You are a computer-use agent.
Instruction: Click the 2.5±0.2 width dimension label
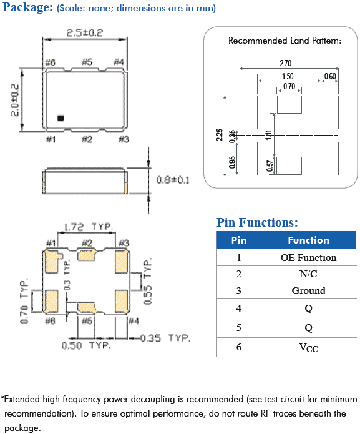pos(85,33)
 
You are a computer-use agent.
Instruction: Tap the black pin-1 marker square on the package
pos(61,118)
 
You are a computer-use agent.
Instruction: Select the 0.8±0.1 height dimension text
pos(173,180)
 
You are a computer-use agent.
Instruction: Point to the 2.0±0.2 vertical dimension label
pos(14,100)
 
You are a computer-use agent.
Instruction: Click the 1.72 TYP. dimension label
pos(88,227)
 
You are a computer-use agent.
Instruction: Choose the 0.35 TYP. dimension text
pos(165,338)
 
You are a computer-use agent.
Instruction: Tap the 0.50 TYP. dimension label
pos(86,345)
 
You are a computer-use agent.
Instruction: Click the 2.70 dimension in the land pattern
pos(286,64)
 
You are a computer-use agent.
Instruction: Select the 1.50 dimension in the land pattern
pos(288,76)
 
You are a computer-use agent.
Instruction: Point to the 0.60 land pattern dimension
pos(330,76)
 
